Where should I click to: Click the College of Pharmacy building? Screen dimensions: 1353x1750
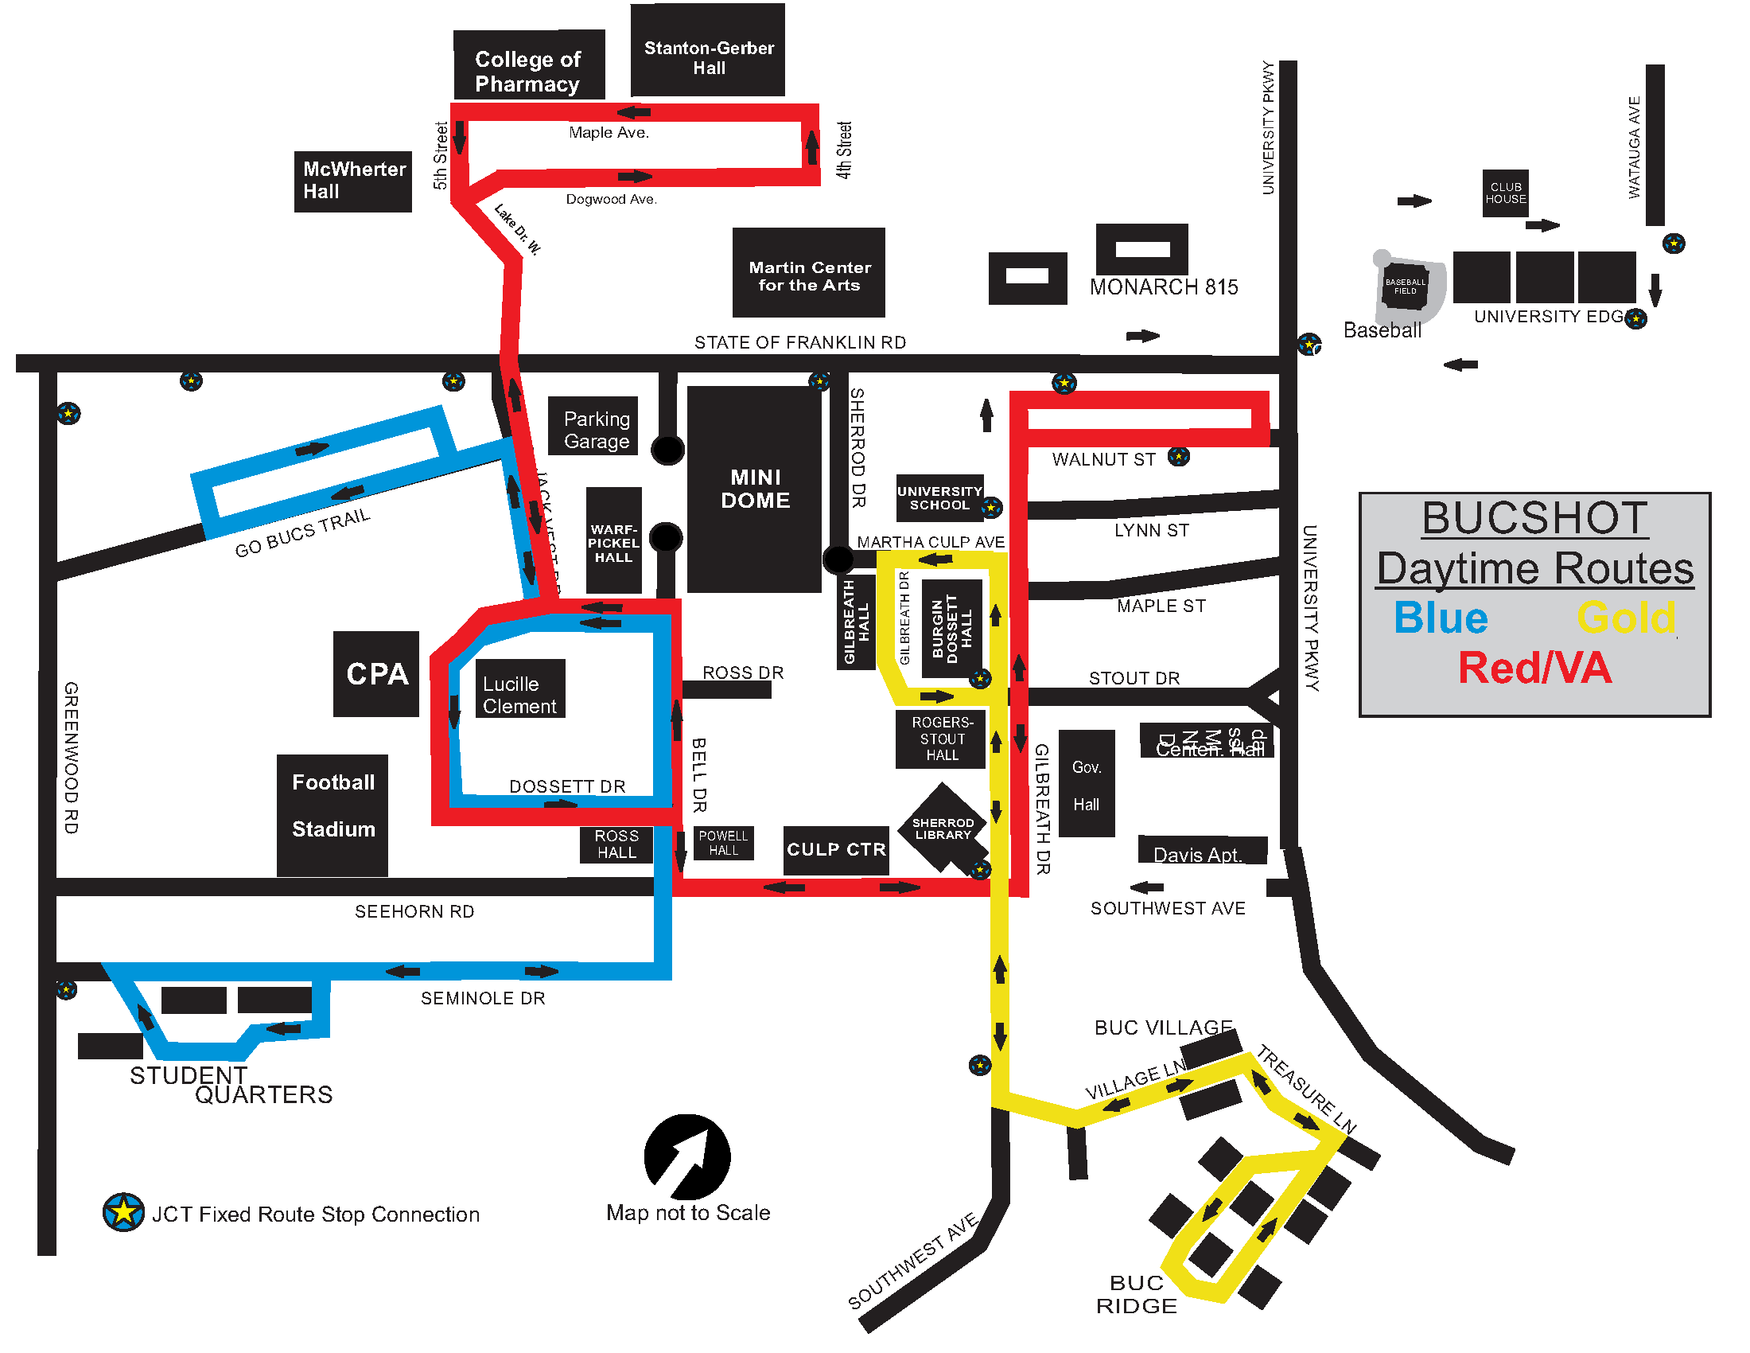click(x=528, y=66)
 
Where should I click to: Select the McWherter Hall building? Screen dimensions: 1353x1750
click(x=352, y=181)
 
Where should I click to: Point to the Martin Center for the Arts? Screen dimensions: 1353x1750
click(x=808, y=272)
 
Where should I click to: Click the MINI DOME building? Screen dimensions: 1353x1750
click(x=754, y=489)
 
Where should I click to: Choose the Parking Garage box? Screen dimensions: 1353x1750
click(x=593, y=427)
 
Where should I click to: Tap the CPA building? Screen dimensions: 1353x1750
click(x=375, y=673)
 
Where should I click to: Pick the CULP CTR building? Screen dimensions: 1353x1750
click(x=836, y=850)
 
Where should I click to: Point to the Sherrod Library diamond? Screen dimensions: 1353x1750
click(x=943, y=827)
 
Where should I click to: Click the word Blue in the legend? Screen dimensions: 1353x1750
click(x=1440, y=618)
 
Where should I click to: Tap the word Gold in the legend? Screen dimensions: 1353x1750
click(x=1625, y=618)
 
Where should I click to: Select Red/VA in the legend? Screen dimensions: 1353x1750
click(x=1534, y=668)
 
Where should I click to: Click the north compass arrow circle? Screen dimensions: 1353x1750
click(x=686, y=1156)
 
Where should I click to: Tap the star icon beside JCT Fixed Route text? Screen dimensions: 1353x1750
click(x=123, y=1212)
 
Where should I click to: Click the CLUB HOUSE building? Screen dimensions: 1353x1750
click(x=1505, y=193)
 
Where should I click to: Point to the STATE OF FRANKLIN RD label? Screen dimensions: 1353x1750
click(x=799, y=342)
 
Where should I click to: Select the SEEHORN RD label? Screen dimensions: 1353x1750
click(x=414, y=911)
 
